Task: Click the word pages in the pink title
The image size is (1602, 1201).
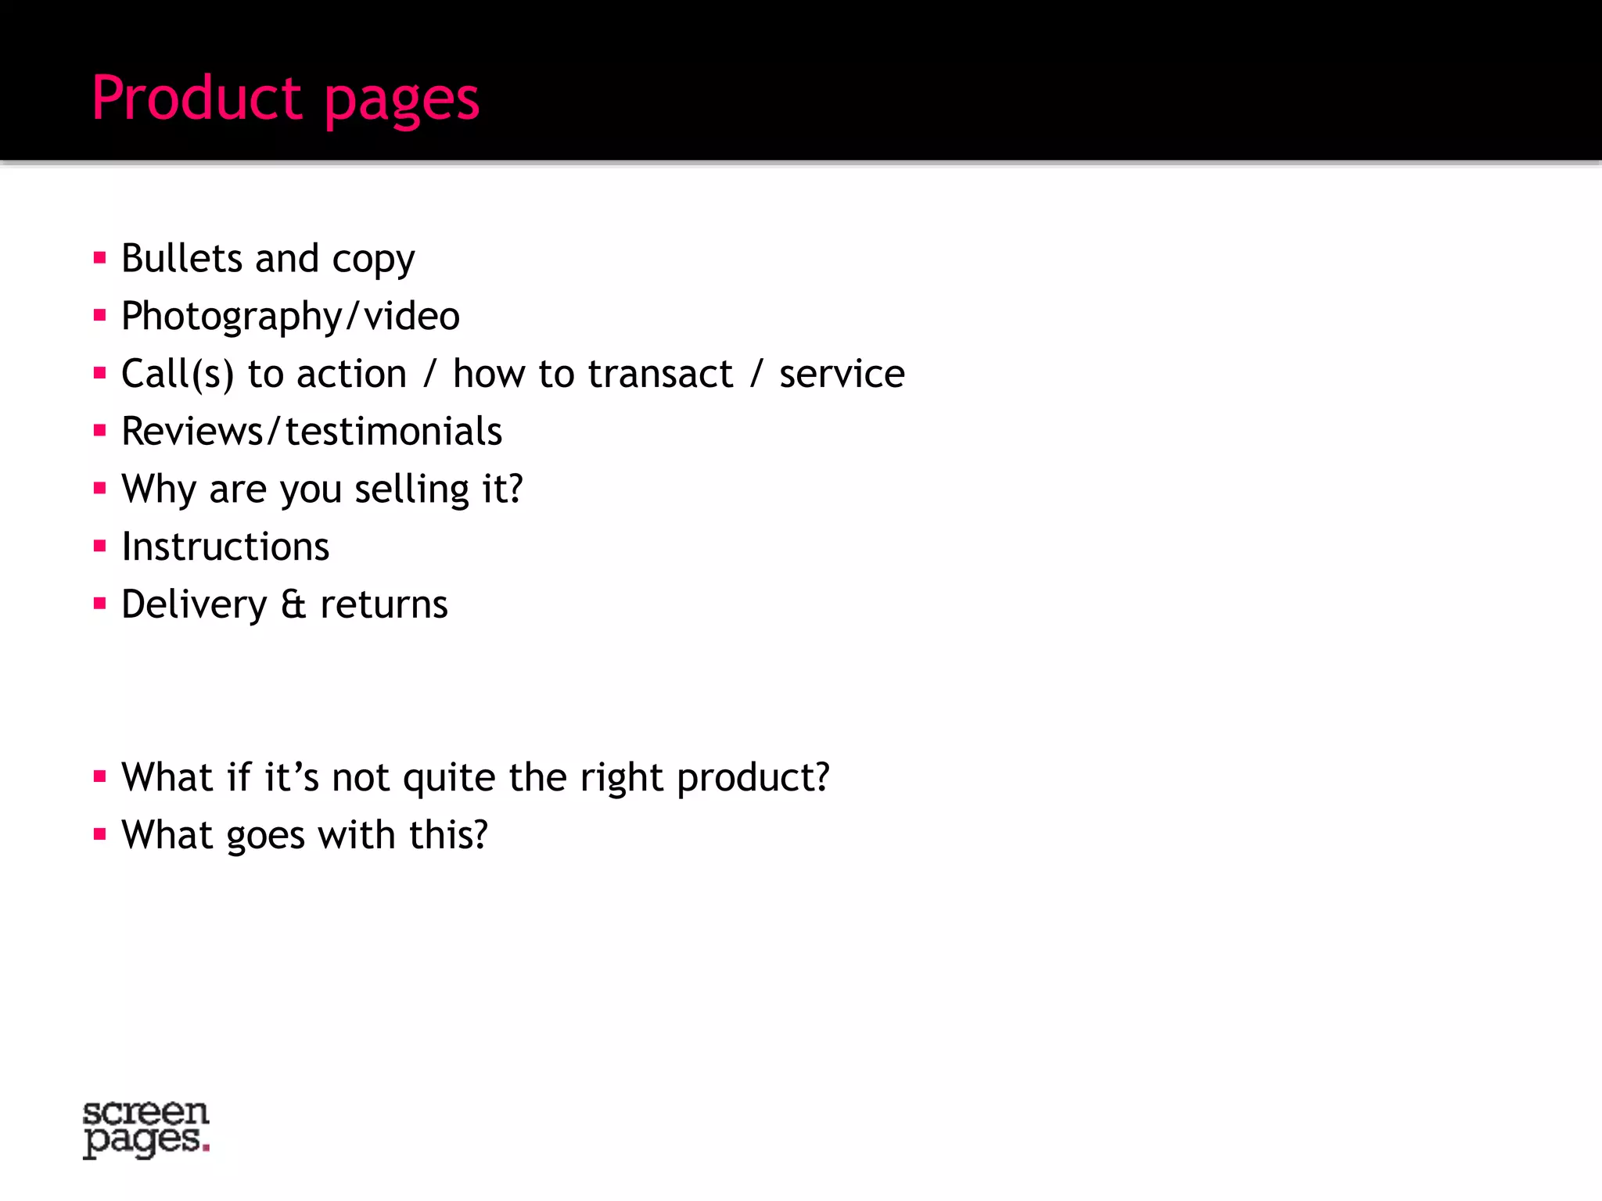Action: [401, 102]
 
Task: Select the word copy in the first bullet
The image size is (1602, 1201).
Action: [373, 260]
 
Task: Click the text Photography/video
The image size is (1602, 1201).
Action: [290, 317]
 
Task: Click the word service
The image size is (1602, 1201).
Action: [842, 374]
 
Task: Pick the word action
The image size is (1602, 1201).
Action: [351, 374]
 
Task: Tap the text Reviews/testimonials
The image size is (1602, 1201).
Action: [311, 432]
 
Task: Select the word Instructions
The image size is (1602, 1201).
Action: [225, 547]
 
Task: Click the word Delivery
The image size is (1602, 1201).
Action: [194, 605]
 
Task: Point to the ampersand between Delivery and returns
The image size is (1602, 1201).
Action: [293, 604]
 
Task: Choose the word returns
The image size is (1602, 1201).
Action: [384, 604]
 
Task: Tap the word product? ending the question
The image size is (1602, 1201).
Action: [753, 779]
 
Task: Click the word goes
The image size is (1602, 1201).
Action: [265, 836]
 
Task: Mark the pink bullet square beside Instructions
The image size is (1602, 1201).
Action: [99, 546]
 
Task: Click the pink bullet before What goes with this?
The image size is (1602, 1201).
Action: [99, 834]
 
